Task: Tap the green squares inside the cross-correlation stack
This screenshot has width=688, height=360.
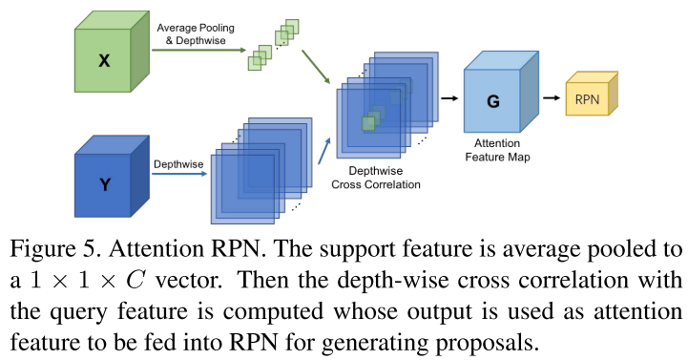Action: pyautogui.click(x=370, y=120)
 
